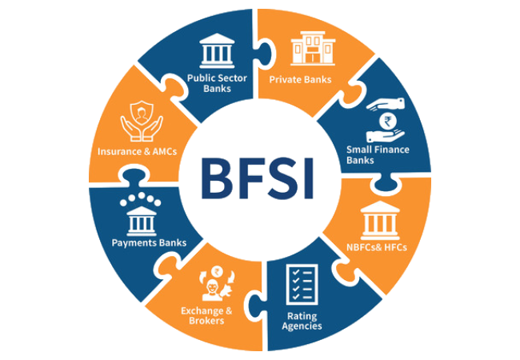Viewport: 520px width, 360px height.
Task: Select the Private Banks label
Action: click(300, 79)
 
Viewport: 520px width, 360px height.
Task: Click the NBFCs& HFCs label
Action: click(377, 247)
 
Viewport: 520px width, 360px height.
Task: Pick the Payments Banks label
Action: click(150, 242)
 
